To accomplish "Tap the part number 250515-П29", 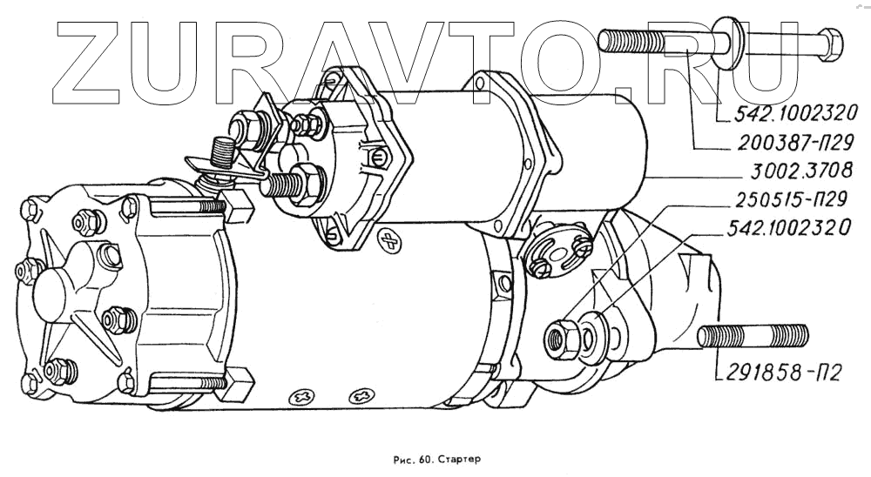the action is [781, 201].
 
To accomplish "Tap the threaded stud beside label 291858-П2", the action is [753, 335].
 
